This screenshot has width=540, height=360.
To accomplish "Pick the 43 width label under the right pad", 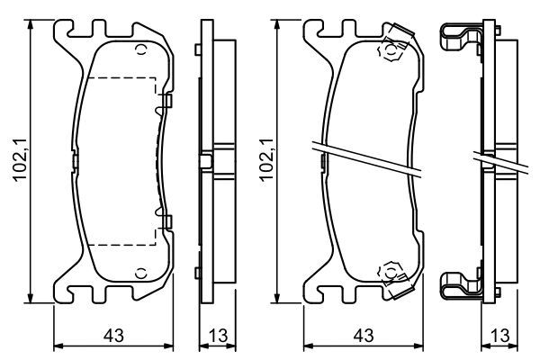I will click(x=363, y=335).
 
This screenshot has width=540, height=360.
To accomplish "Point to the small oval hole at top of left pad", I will click(x=139, y=49).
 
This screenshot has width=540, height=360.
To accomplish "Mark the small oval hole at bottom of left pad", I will click(x=139, y=273).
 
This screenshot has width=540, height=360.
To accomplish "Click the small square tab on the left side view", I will click(x=206, y=162).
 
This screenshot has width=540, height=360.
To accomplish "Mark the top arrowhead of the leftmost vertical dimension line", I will click(x=33, y=25).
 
